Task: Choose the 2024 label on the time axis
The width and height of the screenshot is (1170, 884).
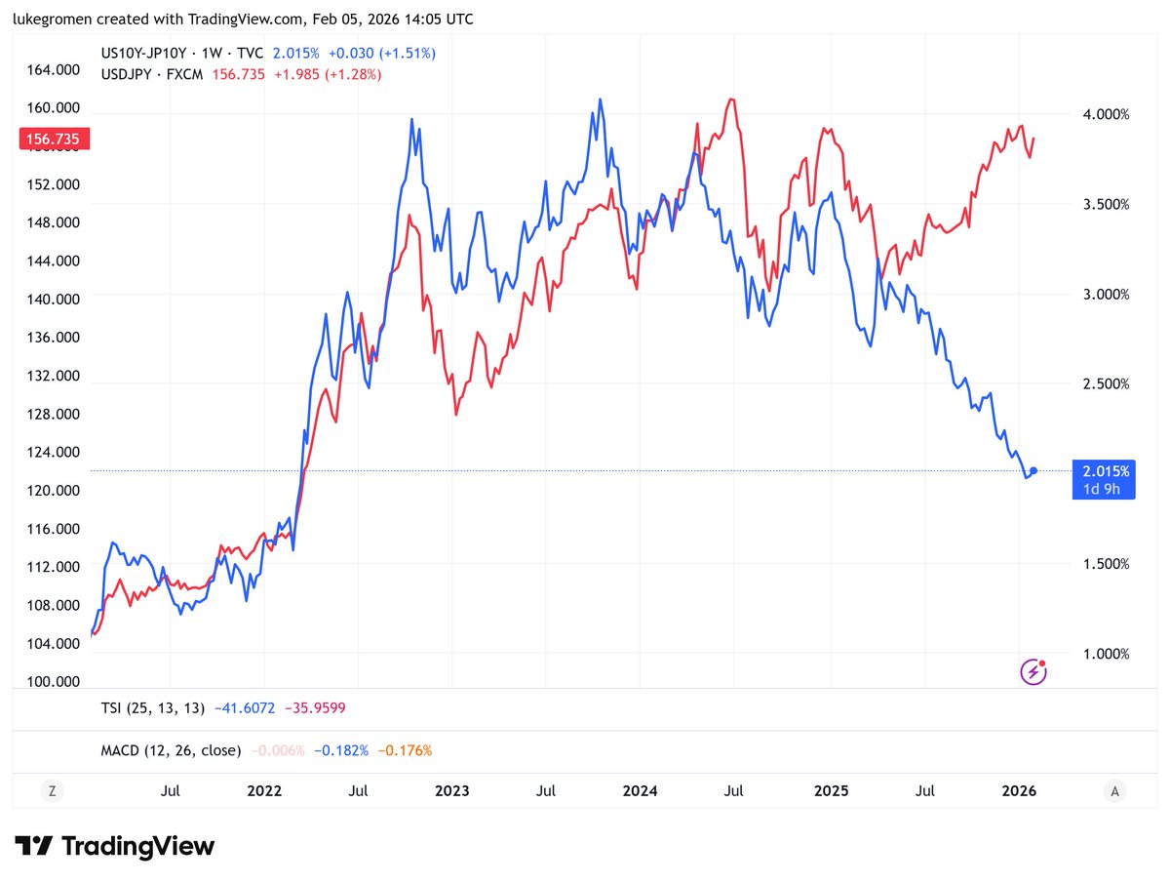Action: [x=640, y=790]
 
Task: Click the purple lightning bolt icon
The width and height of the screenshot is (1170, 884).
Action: [x=1033, y=672]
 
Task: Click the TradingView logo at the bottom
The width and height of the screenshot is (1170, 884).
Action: [x=115, y=846]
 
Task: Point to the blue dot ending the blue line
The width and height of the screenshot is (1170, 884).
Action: [x=1033, y=471]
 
